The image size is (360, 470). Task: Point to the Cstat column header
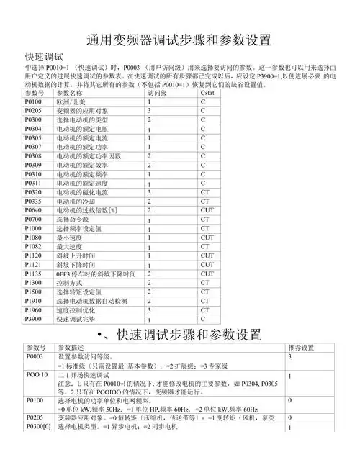tap(208, 94)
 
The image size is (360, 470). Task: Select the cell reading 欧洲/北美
tap(73, 103)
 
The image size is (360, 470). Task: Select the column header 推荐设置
tap(300, 348)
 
